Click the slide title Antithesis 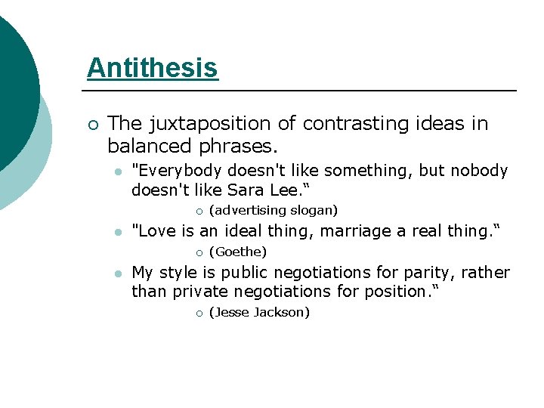pos(152,68)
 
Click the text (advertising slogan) pos(273,210)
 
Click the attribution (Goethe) pos(237,252)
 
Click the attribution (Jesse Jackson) pos(259,312)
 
